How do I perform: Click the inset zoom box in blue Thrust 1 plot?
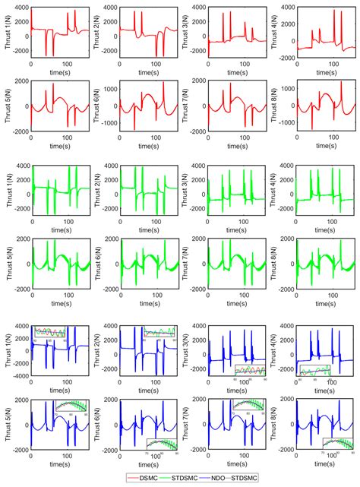[x=50, y=331]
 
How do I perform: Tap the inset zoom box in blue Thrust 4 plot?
[x=315, y=371]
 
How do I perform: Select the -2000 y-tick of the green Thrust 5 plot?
[x=20, y=289]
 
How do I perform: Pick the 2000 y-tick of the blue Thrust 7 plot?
[x=199, y=397]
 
